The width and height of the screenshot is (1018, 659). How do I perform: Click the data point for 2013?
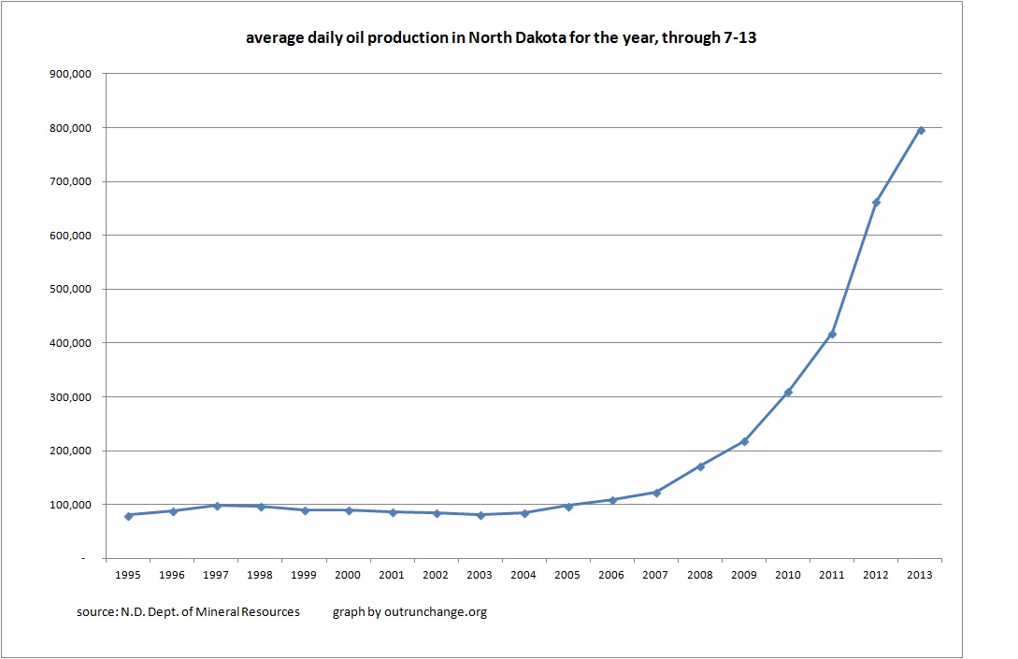coord(920,130)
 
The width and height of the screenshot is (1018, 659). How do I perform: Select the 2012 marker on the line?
coord(876,202)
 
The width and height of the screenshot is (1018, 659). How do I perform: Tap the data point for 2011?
coord(832,334)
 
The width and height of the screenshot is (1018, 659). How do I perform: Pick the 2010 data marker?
coord(788,392)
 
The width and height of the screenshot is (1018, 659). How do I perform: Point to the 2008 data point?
coord(700,466)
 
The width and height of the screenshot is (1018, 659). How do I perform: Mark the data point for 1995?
coord(128,515)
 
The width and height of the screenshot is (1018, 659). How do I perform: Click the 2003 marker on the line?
coord(480,515)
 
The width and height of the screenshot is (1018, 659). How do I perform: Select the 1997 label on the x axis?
coord(216,576)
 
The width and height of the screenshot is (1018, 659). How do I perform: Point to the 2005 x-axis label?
coord(568,576)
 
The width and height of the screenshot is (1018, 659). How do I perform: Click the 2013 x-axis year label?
coord(920,576)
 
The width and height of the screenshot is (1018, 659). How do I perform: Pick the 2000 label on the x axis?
coord(348,576)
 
